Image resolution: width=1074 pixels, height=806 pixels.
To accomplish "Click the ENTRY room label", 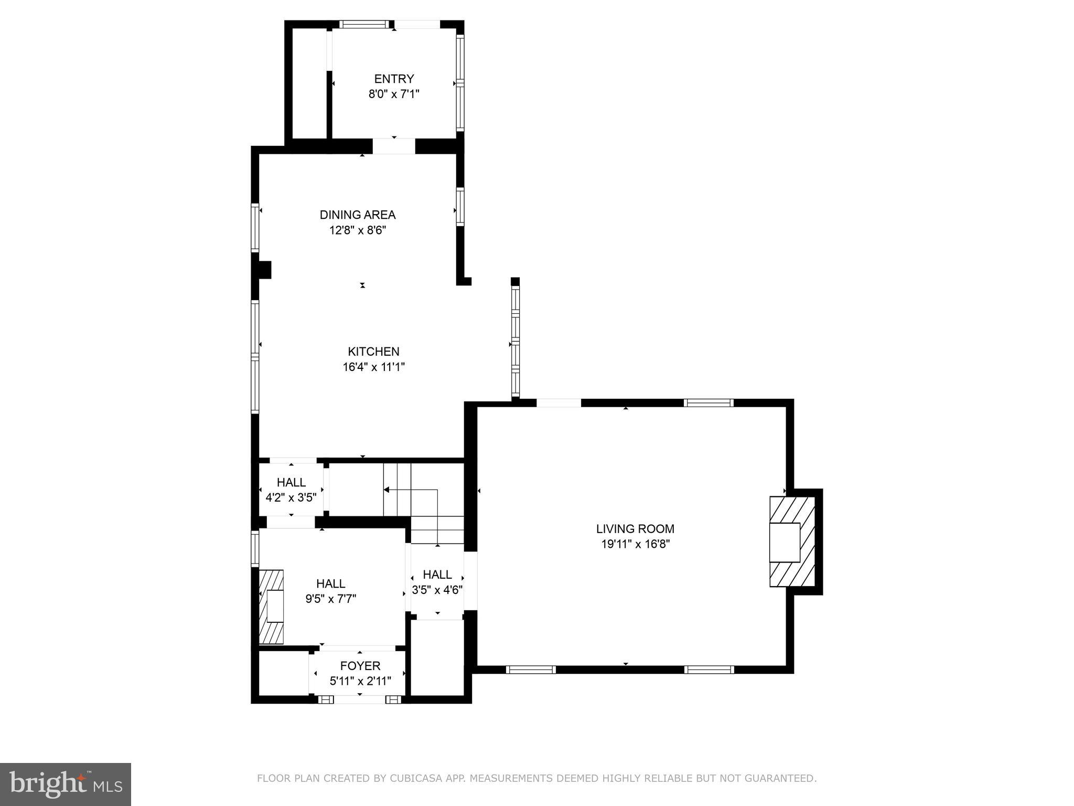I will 394,79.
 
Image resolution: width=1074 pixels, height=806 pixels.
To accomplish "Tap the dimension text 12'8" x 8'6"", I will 358,230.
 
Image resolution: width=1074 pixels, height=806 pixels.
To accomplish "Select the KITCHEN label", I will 373,352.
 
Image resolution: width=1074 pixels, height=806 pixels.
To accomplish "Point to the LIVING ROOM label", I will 635,529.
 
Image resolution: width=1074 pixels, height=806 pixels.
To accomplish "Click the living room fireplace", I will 791,542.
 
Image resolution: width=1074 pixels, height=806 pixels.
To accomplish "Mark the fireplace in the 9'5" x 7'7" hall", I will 272,607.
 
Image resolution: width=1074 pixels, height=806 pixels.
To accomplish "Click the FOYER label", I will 360,666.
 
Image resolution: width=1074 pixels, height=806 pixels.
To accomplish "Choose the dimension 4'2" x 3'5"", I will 291,497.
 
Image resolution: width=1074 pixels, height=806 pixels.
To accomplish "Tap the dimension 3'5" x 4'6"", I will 437,590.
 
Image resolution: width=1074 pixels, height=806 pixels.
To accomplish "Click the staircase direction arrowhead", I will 386,490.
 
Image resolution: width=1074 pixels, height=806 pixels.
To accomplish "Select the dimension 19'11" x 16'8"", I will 635,544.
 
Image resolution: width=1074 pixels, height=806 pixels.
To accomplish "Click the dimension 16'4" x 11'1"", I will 373,367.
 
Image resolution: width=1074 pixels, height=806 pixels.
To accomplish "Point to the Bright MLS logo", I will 65,784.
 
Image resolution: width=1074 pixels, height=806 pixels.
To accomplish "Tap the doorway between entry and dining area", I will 394,146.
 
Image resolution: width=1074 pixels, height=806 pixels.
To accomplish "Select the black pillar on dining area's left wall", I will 263,270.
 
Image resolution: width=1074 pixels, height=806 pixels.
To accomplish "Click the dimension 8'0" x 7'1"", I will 394,94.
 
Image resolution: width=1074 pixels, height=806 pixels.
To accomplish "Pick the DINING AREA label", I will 358,215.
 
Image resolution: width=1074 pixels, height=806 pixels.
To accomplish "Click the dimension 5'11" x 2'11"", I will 360,681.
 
